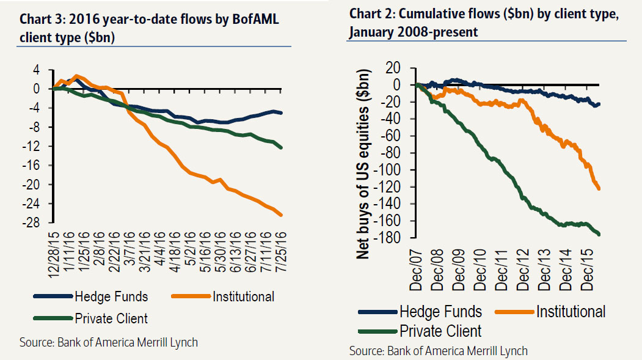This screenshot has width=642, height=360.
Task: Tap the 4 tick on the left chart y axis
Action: coord(37,70)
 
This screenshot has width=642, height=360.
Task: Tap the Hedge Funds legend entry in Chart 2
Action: coord(440,312)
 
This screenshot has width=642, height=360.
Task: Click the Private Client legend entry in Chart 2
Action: coord(440,331)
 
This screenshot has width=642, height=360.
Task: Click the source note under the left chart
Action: coord(109,342)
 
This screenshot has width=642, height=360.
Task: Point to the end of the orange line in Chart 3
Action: coord(281,215)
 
